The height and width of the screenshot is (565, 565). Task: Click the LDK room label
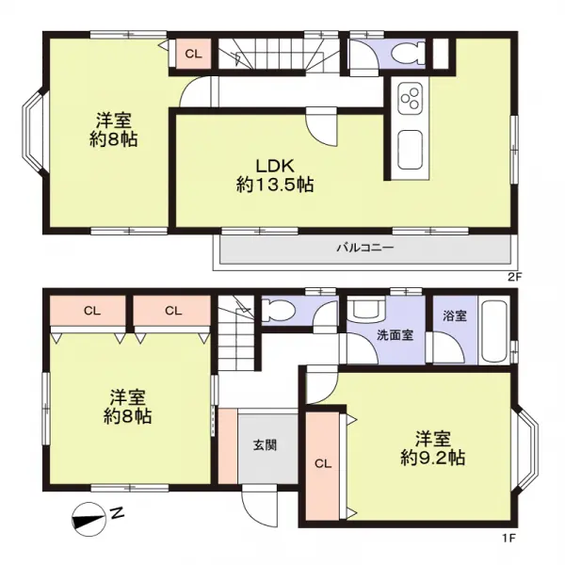(x=275, y=166)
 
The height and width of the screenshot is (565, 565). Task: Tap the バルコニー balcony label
(x=365, y=248)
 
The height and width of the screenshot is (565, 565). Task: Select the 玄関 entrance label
(x=265, y=445)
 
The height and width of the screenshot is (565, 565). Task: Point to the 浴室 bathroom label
(x=455, y=316)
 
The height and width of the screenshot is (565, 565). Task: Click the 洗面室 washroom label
(x=395, y=335)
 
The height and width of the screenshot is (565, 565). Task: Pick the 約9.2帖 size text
(x=432, y=459)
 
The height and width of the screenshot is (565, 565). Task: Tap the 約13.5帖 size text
(x=275, y=185)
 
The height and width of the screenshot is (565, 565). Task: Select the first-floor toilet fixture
(x=278, y=310)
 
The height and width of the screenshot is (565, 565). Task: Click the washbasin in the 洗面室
(x=367, y=309)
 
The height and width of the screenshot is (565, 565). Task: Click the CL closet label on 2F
(x=193, y=54)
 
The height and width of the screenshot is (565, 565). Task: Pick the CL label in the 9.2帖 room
(x=323, y=463)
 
